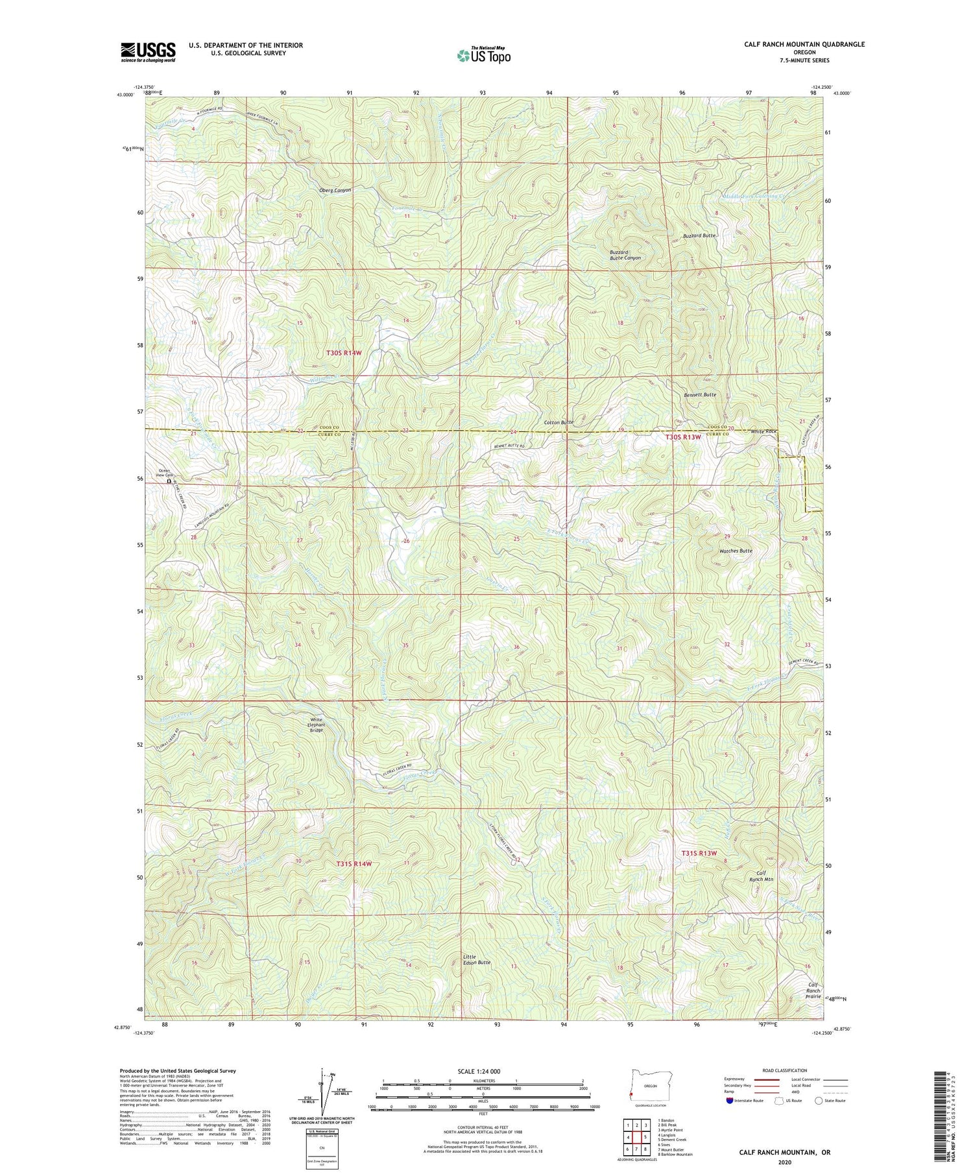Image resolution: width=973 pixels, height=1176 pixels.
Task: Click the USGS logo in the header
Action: [148, 52]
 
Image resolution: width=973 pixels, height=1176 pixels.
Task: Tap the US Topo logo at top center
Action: [483, 56]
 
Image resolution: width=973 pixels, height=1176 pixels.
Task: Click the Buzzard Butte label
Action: [698, 235]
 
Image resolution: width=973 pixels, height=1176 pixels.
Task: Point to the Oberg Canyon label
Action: [335, 190]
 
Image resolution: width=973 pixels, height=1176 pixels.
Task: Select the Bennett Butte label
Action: [700, 394]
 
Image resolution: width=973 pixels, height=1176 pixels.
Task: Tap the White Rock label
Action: [763, 431]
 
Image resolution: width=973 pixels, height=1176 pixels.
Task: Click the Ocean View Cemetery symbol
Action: [169, 482]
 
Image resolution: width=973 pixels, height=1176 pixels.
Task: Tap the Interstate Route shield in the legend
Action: [730, 1101]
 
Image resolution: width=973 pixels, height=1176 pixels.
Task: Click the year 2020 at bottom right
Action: [786, 1162]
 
